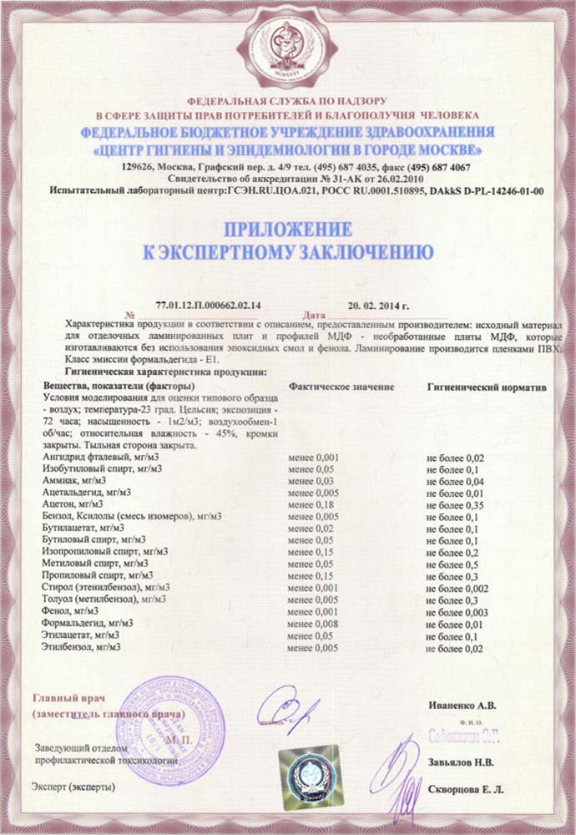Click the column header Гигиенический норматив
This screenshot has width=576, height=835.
click(x=474, y=387)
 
